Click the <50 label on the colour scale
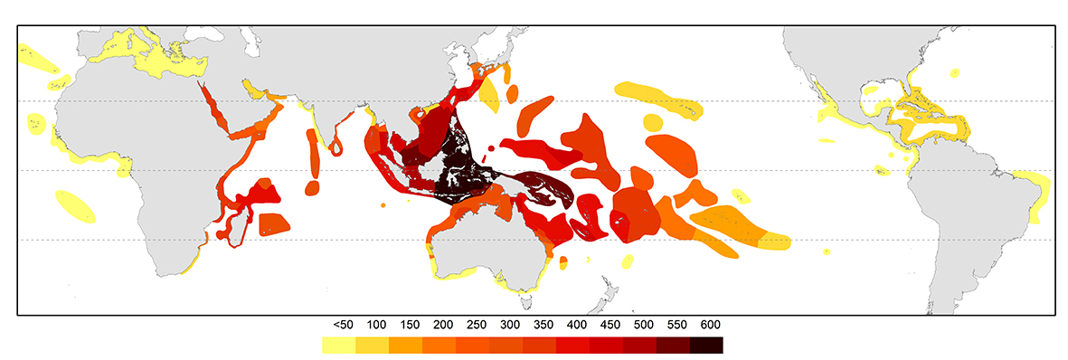click(343, 324)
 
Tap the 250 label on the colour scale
click(475, 324)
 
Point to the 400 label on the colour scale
click(575, 324)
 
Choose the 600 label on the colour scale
click(708, 324)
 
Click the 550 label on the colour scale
click(675, 324)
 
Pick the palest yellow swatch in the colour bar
click(338, 345)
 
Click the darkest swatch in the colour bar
click(706, 345)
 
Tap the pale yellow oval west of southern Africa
click(75, 205)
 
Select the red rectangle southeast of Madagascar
click(275, 223)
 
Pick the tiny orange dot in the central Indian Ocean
click(383, 206)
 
